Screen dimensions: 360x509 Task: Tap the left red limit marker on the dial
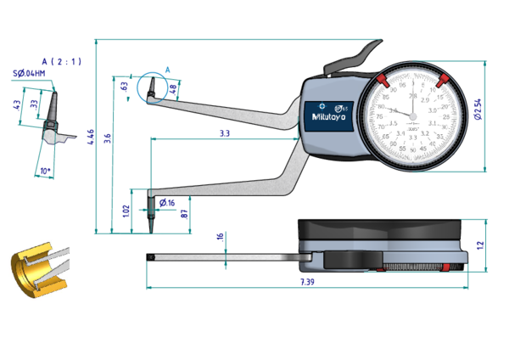[x=382, y=80]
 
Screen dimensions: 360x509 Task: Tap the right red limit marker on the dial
[x=442, y=80]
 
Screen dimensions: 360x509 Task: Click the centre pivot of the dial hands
[x=412, y=110]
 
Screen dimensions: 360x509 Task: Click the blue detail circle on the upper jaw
[x=154, y=86]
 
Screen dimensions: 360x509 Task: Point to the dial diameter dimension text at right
[x=478, y=109]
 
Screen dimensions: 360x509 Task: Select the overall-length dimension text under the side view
[x=306, y=282]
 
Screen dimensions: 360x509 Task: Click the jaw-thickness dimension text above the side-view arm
[x=219, y=238]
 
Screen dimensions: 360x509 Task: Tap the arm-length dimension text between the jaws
[x=224, y=132]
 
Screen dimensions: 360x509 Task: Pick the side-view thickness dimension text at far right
[x=480, y=245]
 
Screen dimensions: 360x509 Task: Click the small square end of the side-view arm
[x=150, y=256]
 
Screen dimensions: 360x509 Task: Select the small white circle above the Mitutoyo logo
[x=322, y=105]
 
